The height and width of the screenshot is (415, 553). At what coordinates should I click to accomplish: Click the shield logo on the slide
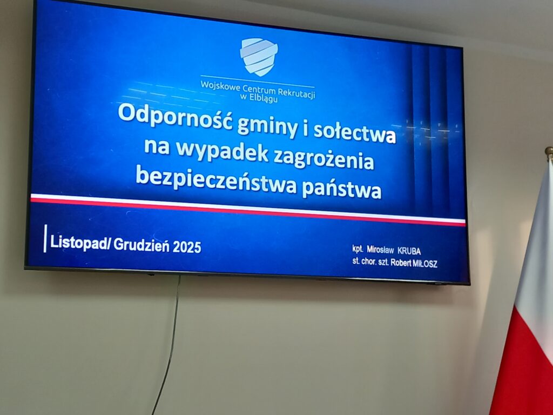259,56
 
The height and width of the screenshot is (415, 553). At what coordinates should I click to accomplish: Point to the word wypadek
222,151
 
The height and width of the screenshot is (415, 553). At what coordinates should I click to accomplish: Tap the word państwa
341,189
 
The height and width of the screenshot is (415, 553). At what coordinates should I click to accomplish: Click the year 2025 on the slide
187,247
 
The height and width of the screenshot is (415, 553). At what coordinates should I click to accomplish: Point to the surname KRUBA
409,251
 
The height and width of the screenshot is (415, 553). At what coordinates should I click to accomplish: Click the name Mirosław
380,250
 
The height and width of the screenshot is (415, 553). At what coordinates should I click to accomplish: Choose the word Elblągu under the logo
264,98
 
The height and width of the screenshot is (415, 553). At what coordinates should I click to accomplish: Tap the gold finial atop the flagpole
549,152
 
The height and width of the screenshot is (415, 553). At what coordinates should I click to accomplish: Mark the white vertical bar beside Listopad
45,238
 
